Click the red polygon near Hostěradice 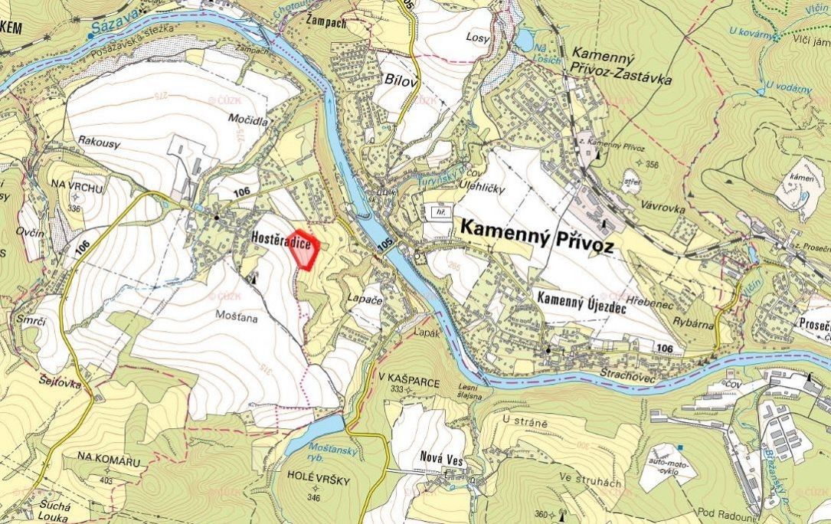pos(306,251)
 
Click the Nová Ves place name pos(437,457)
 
